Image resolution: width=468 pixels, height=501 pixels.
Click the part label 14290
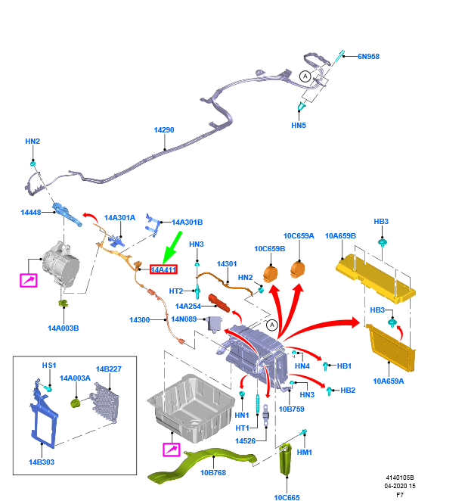(x=164, y=130)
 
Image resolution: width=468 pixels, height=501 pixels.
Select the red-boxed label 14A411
(x=163, y=269)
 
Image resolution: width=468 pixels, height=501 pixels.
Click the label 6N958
(x=368, y=56)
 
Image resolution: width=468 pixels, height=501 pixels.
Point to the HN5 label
(x=299, y=125)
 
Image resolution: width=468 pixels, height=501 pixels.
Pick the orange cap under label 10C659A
(x=300, y=271)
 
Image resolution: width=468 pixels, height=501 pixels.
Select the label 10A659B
(x=340, y=235)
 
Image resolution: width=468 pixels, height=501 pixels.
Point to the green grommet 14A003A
(x=76, y=400)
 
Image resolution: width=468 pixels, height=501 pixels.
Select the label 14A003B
(x=64, y=328)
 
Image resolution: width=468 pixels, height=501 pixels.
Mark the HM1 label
(x=305, y=452)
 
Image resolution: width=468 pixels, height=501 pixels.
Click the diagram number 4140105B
(x=401, y=478)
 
